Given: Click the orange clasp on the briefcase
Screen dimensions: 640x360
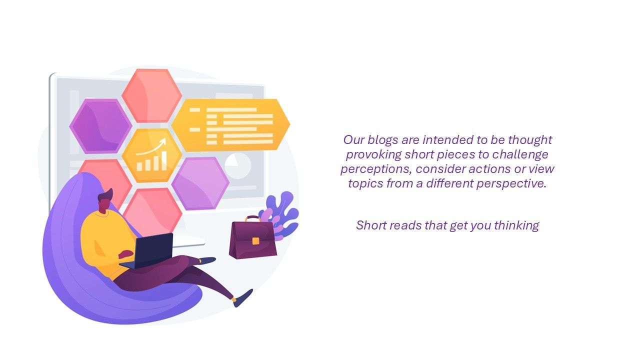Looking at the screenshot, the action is [255, 241].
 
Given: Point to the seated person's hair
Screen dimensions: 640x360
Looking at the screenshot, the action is [105, 195].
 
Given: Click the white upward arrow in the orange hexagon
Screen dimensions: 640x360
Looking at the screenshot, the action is [151, 146].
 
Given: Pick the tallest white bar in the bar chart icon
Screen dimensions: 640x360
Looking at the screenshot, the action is [164, 161].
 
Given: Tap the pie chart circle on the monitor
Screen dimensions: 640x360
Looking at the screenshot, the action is [237, 165].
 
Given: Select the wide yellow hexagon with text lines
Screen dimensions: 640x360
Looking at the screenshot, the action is [231, 125].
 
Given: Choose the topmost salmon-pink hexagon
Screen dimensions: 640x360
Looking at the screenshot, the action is [151, 95].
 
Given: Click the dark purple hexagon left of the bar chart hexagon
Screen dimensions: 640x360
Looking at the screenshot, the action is [100, 126].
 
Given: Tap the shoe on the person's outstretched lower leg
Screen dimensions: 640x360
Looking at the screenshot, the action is [243, 298].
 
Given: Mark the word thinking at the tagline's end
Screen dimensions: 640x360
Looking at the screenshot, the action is [516, 225].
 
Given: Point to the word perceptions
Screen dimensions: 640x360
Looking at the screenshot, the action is [376, 169].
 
